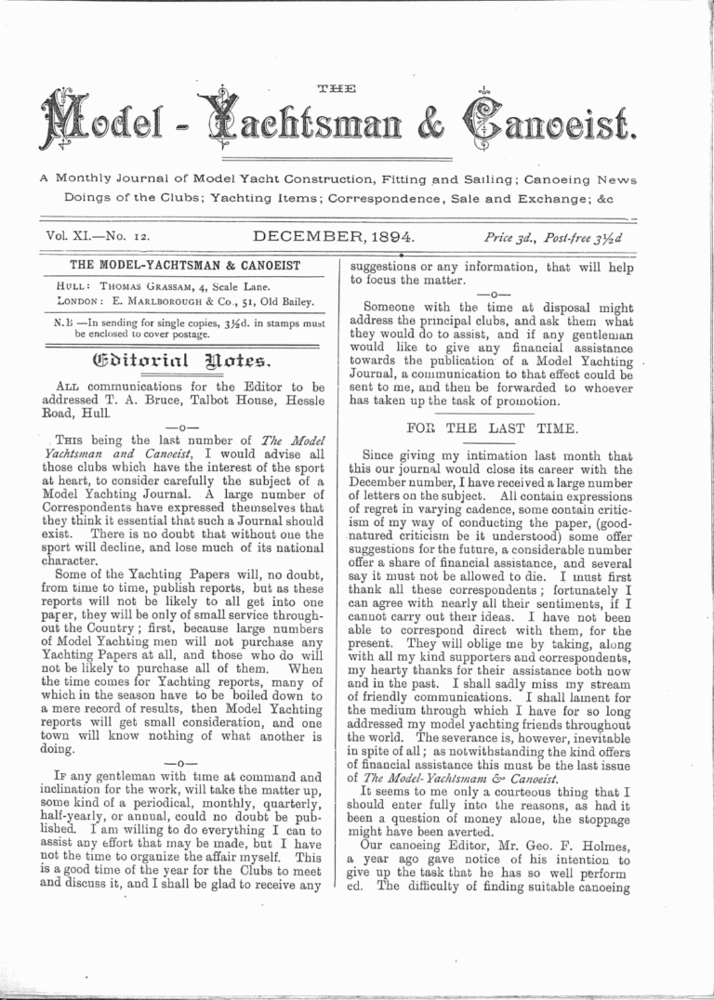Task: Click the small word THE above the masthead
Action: coord(336,90)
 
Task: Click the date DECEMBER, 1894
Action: coord(333,237)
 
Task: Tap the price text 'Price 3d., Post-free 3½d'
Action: coord(552,239)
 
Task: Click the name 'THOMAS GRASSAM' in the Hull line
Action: coord(148,286)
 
